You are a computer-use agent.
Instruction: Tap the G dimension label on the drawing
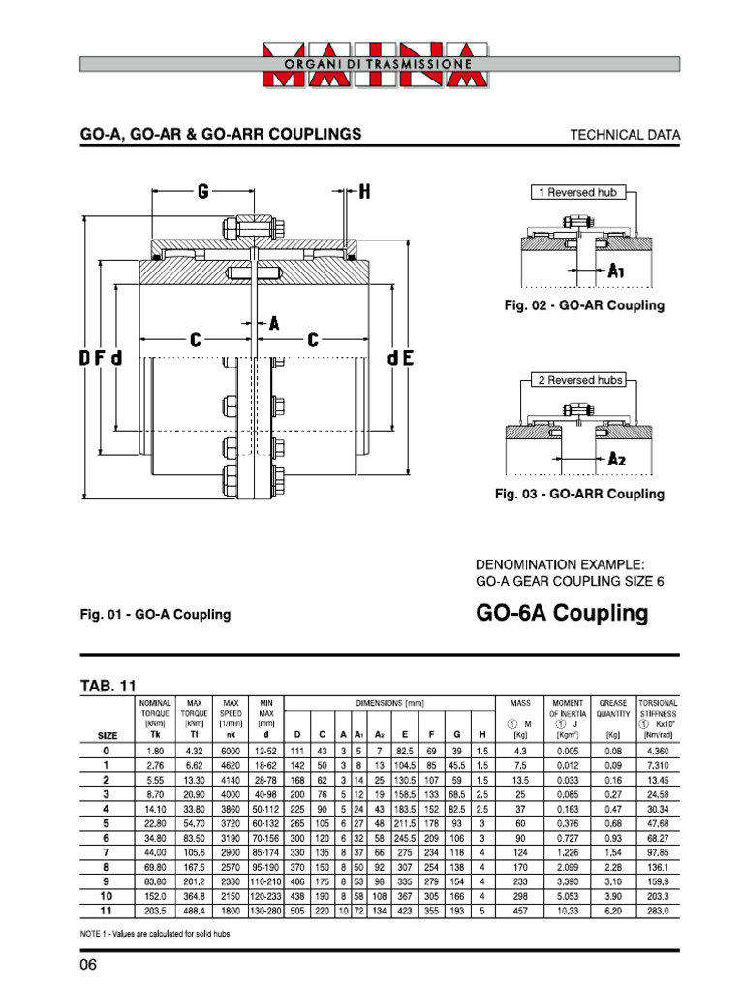(203, 192)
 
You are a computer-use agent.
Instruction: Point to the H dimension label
(364, 192)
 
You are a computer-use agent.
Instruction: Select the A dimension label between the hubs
(273, 325)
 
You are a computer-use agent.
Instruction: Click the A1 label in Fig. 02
(616, 273)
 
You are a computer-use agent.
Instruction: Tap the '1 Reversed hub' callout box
(577, 192)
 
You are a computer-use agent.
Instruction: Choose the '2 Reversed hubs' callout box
(580, 379)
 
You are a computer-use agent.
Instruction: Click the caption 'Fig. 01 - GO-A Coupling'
(155, 614)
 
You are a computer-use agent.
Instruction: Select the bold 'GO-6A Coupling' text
(561, 613)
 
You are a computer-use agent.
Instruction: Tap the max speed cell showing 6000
(231, 751)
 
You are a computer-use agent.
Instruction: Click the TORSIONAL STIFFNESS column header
(658, 706)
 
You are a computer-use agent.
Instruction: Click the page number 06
(89, 967)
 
